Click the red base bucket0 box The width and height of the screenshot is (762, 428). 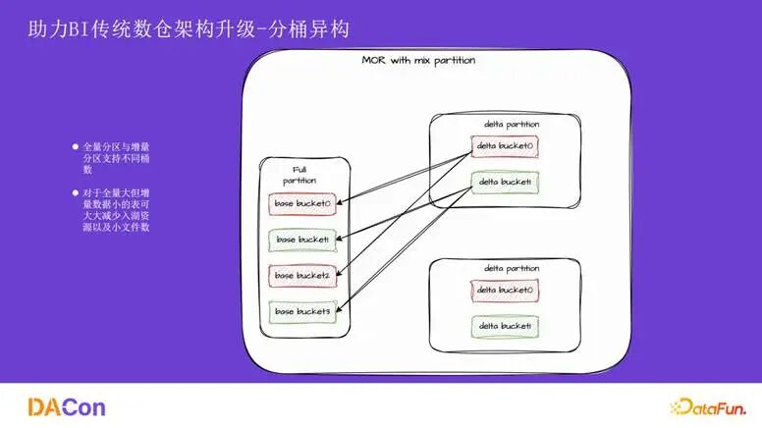pos(302,204)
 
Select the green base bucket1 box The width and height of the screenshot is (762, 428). pos(302,240)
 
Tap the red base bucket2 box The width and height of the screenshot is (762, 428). pos(302,276)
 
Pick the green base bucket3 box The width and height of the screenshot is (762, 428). pos(302,312)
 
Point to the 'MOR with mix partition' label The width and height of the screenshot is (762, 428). pos(418,61)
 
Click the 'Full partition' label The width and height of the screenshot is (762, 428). pos(299,175)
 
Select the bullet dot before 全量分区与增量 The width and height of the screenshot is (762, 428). pos(75,146)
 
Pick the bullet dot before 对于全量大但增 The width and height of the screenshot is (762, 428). pos(75,192)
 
